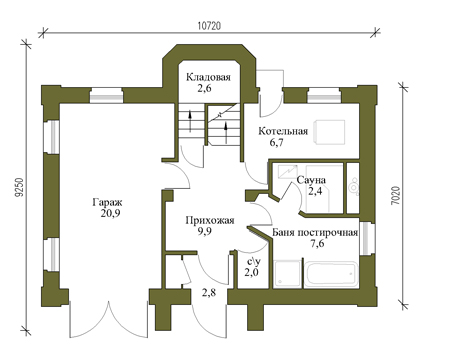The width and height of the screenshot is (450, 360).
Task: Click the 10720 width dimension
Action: click(x=209, y=26)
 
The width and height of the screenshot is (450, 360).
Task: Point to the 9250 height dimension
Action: click(x=20, y=189)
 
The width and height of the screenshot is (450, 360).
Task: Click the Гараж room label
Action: click(x=108, y=202)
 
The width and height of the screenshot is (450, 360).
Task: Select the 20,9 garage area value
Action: click(x=110, y=213)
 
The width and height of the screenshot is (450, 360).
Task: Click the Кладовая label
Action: click(x=208, y=77)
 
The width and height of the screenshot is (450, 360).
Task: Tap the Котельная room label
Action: click(x=283, y=131)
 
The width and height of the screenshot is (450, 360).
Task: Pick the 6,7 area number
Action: click(x=276, y=143)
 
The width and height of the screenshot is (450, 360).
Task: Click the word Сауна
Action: click(x=311, y=180)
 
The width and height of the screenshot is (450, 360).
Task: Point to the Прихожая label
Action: click(x=210, y=220)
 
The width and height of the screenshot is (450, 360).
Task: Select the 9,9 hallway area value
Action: click(x=204, y=231)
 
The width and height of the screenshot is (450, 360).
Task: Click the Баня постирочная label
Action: click(x=315, y=232)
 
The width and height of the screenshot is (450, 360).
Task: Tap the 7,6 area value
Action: click(x=317, y=243)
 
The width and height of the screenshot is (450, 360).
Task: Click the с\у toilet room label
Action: click(x=251, y=261)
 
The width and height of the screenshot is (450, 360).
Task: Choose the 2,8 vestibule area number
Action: click(x=209, y=293)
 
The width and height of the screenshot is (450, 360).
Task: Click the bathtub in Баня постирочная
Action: click(x=332, y=274)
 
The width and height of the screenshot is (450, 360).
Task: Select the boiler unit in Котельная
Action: click(x=331, y=132)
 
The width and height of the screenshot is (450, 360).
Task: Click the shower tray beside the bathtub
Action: click(x=288, y=274)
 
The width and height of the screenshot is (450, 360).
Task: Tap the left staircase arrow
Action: click(x=190, y=121)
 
